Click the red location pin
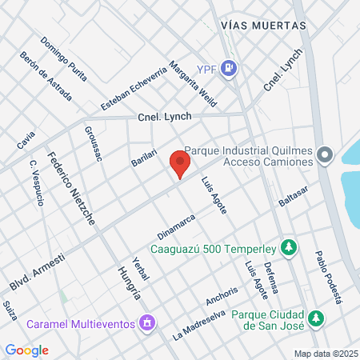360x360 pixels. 180,165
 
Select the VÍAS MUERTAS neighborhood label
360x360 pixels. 262,26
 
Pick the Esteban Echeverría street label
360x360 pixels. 134,88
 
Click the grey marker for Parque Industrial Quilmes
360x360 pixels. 324,155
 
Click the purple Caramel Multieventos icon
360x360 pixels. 146,323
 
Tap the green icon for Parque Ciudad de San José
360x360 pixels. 318,318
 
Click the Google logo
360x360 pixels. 26,350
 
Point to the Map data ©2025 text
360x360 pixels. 326,354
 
